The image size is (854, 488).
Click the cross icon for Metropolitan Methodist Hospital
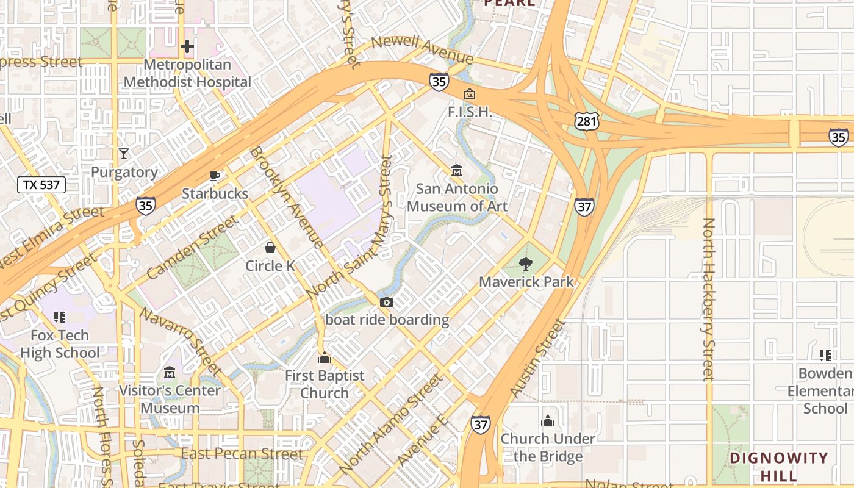tap(187, 46)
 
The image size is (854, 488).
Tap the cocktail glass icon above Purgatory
tap(124, 154)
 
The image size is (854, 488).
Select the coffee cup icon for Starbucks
tap(215, 176)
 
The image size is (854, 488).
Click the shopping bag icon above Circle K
tap(270, 248)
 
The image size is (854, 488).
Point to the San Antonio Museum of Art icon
tap(457, 171)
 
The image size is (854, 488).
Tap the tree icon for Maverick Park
tap(526, 264)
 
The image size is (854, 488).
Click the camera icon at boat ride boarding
tap(387, 302)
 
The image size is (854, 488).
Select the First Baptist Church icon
tap(325, 357)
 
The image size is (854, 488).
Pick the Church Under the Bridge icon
tap(548, 421)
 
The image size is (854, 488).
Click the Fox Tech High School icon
tap(60, 317)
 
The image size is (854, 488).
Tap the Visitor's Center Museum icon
tap(169, 372)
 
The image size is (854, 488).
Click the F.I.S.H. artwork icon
tap(470, 94)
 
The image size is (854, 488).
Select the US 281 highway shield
tap(586, 121)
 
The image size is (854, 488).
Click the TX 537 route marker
tap(41, 185)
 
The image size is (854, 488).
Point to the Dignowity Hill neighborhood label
tap(779, 467)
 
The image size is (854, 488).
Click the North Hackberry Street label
tap(708, 299)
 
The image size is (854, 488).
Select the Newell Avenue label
tap(422, 49)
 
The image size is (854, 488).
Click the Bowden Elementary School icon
tap(825, 355)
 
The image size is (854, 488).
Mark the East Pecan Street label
tap(242, 454)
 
